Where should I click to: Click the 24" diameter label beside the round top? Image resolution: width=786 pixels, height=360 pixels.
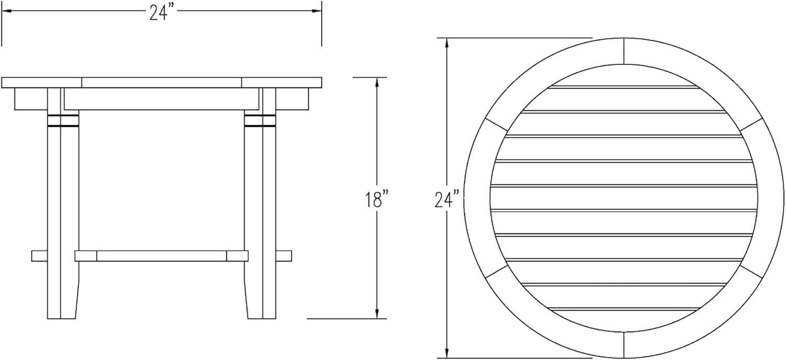[446, 199]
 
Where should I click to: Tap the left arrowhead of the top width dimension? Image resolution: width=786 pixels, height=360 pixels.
[6, 11]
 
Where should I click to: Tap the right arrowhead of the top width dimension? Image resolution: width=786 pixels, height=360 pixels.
[317, 11]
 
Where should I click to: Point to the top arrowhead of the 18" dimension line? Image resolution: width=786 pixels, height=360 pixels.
[377, 82]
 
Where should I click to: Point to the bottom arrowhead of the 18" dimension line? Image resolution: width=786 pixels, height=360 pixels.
[377, 314]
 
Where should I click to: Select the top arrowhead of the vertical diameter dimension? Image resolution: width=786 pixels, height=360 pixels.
[446, 42]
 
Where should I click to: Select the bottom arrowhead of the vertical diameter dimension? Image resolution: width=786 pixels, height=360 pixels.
[446, 353]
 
